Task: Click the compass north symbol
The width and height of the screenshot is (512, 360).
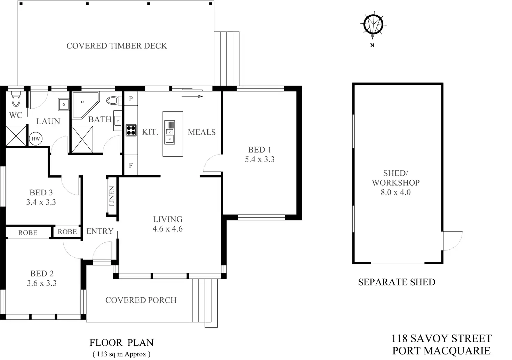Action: click(373, 25)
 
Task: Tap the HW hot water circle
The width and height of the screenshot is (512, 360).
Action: click(35, 139)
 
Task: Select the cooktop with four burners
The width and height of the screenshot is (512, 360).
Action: click(131, 130)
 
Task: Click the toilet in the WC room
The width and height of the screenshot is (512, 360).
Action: click(16, 100)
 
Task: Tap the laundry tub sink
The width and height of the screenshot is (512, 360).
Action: click(64, 104)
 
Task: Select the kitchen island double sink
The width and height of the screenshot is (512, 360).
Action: click(170, 132)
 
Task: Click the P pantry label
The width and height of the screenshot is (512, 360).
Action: click(131, 99)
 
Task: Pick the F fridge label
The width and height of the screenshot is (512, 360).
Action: click(131, 166)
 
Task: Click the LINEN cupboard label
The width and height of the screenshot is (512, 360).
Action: click(112, 197)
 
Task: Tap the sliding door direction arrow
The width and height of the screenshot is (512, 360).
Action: click(192, 96)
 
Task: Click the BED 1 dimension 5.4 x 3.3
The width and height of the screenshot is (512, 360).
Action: click(259, 159)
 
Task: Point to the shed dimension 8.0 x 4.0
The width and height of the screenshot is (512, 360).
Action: click(395, 192)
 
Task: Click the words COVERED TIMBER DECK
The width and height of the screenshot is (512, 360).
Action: click(117, 46)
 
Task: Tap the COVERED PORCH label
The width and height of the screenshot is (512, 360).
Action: click(141, 300)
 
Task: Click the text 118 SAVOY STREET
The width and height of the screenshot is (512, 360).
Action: click(441, 338)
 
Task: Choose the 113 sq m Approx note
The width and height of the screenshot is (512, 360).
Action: click(121, 354)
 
